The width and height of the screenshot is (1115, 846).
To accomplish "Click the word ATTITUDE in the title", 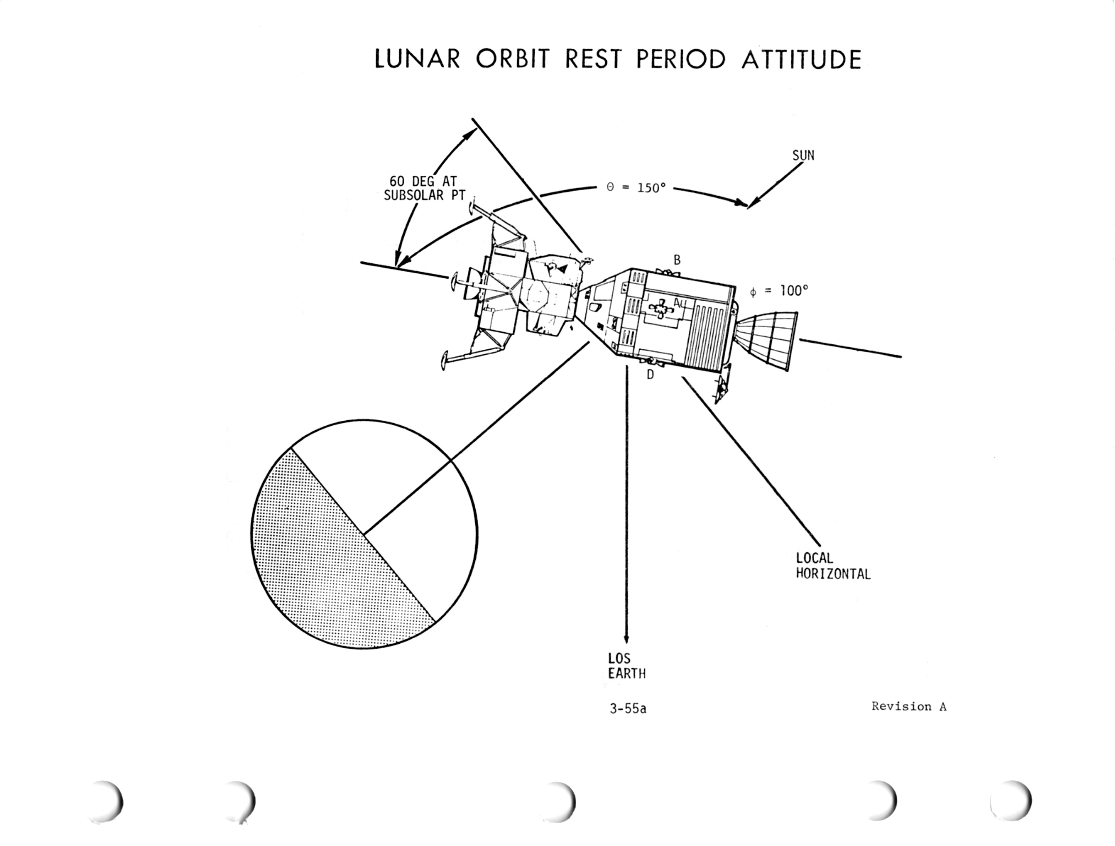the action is (802, 60).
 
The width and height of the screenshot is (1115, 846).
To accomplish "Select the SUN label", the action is (803, 155).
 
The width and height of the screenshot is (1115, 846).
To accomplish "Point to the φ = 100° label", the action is (779, 291).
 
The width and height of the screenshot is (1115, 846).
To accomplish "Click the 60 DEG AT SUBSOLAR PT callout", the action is (425, 188).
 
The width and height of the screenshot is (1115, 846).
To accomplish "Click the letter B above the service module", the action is (677, 260).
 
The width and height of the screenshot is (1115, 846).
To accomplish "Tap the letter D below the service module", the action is (650, 375).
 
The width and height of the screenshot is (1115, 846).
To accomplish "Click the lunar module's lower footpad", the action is (444, 361).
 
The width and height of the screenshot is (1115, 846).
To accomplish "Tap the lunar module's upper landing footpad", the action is (472, 209).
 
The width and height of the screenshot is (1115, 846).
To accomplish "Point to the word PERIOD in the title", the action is (681, 60).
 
